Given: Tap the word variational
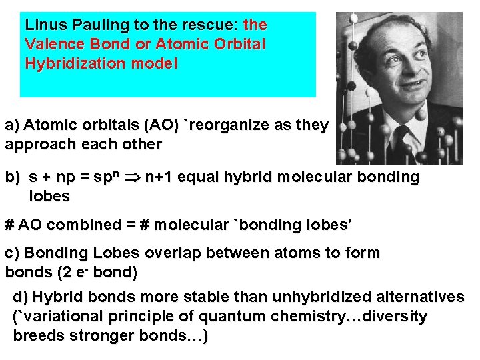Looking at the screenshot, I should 59,316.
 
